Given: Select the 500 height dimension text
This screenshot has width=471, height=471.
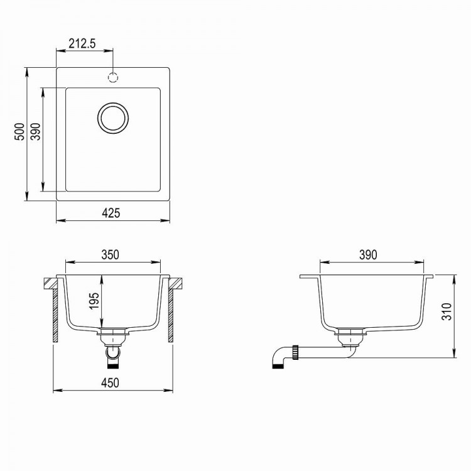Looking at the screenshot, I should pyautogui.click(x=19, y=133).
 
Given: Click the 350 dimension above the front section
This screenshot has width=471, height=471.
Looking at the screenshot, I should pyautogui.click(x=111, y=254).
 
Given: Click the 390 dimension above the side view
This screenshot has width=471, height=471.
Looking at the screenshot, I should pyautogui.click(x=368, y=254).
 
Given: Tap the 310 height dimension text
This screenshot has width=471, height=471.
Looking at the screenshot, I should pyautogui.click(x=447, y=313).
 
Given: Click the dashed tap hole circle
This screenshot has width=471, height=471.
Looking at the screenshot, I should pyautogui.click(x=114, y=77).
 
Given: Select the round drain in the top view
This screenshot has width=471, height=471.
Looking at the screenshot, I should pyautogui.click(x=114, y=117).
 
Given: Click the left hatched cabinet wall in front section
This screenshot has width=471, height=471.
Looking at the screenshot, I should pyautogui.click(x=56, y=311).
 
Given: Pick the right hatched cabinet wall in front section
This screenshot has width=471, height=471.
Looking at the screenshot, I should pyautogui.click(x=170, y=311).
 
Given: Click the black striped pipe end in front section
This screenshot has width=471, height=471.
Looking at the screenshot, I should pyautogui.click(x=114, y=361).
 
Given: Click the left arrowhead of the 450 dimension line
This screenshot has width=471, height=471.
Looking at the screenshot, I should pyautogui.click(x=55, y=391).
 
